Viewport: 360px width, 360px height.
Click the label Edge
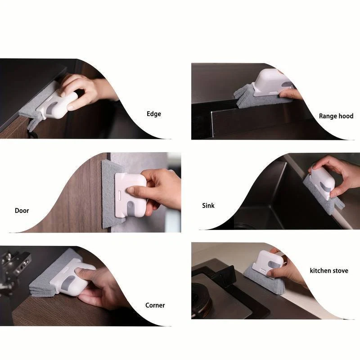(154, 114)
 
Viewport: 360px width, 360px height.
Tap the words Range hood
(336, 116)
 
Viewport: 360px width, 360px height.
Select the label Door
(22, 211)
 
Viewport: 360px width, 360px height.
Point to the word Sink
(208, 206)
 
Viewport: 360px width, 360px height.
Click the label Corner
(155, 305)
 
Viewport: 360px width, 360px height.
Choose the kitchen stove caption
(329, 271)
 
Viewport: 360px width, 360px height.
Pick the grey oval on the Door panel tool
(130, 208)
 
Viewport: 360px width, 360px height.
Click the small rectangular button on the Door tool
(119, 195)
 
